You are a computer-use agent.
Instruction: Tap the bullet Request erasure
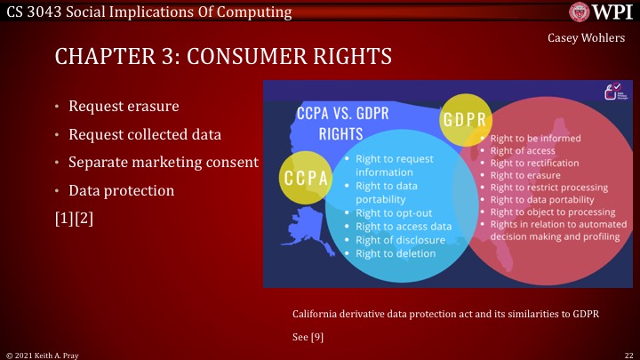pos(124,107)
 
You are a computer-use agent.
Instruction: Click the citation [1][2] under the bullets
pos(74,218)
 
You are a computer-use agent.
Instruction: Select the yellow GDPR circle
pos(472,119)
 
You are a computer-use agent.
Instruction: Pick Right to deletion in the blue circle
pos(396,253)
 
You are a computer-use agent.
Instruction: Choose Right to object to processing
pos(552,212)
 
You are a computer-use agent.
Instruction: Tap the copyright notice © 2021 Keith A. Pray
pos(43,354)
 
